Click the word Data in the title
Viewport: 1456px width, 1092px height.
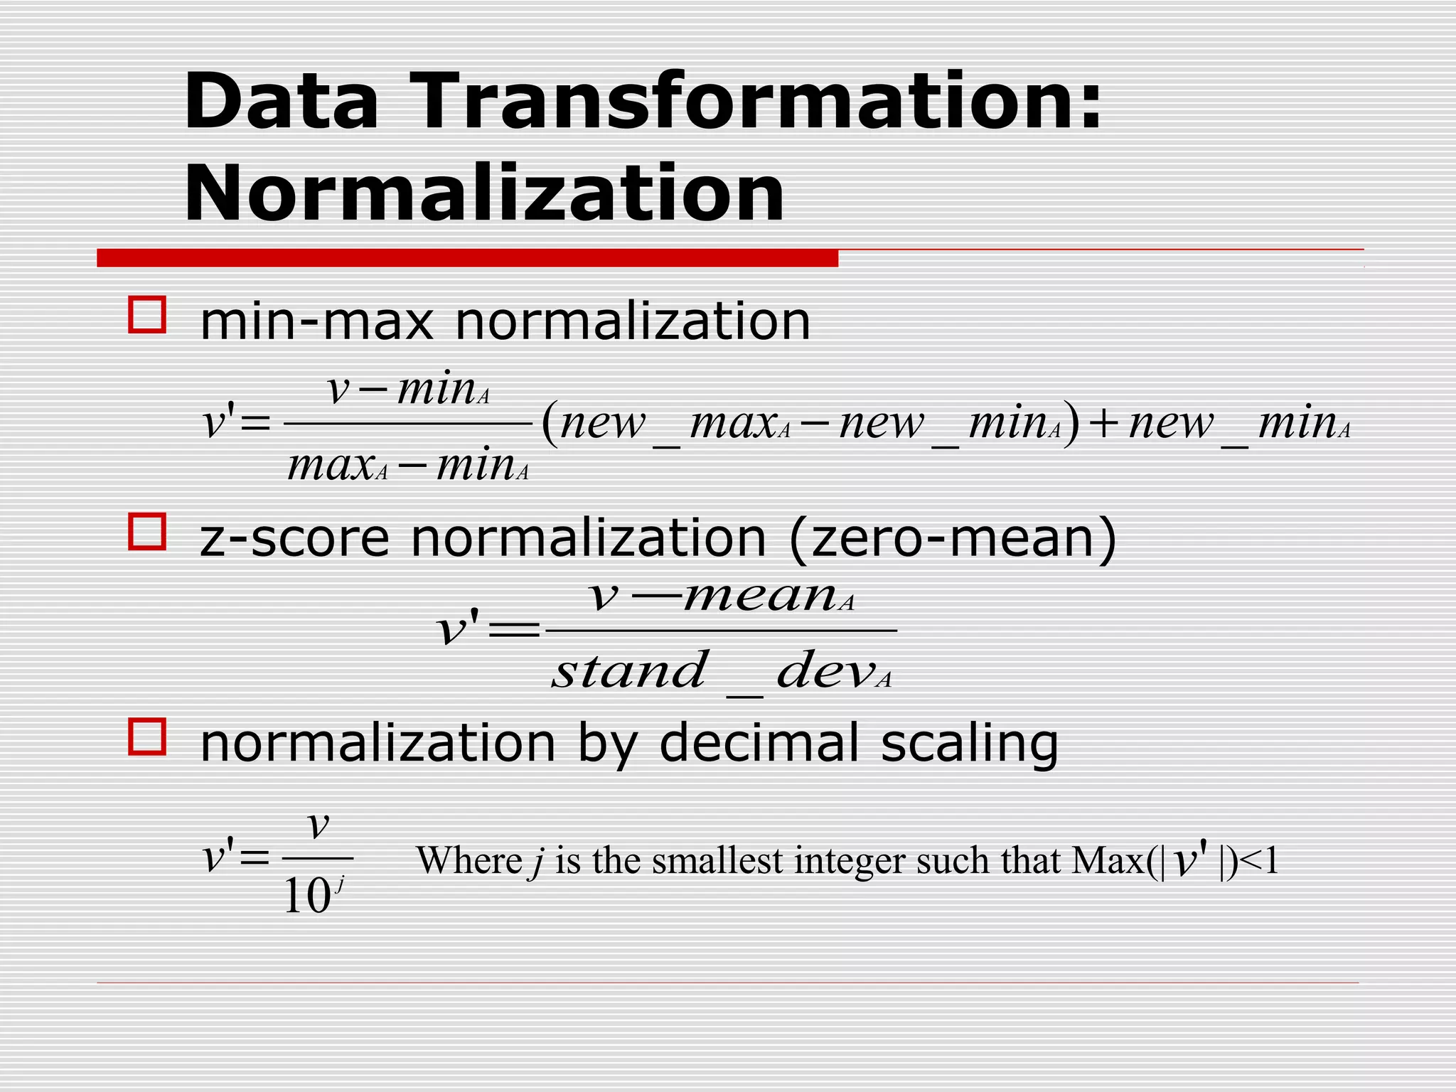[281, 102]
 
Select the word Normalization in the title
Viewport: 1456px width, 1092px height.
[484, 194]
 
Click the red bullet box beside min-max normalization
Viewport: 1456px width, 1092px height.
[147, 315]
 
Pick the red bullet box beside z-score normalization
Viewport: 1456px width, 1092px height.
[147, 532]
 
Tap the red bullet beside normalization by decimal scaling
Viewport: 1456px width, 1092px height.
[147, 737]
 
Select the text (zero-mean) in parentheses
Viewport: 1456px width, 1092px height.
[953, 538]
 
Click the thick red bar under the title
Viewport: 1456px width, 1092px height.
[467, 258]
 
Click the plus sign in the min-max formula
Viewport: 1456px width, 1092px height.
[1103, 425]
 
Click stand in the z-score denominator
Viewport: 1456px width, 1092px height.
[630, 671]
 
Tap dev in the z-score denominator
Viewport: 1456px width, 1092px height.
[825, 671]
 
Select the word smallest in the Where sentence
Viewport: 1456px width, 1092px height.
[717, 861]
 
